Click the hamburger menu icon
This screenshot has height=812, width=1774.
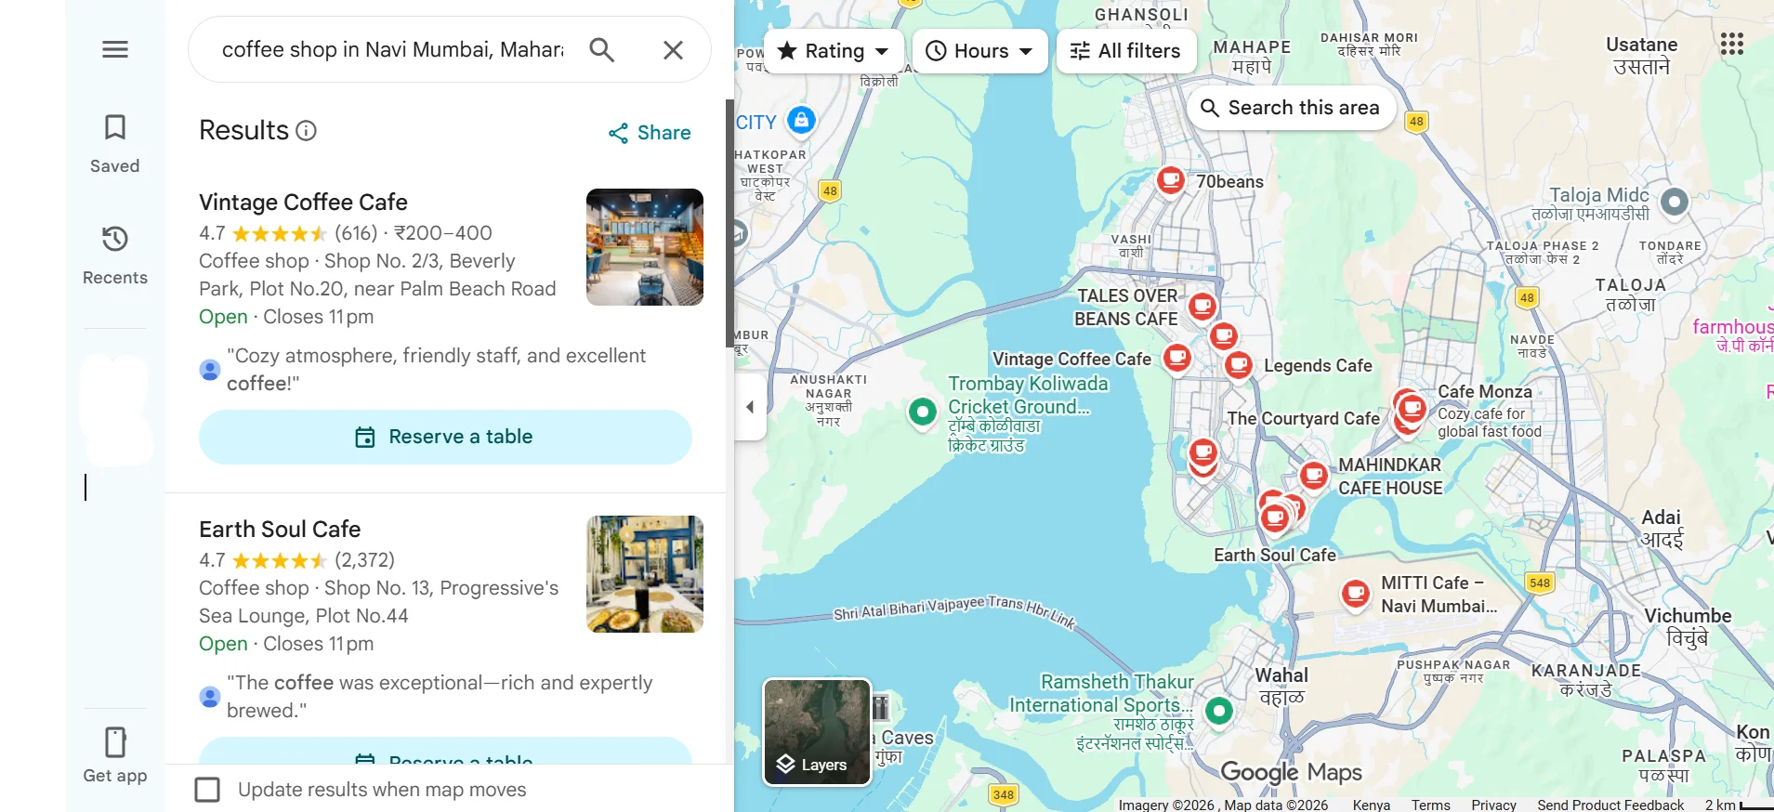(x=115, y=49)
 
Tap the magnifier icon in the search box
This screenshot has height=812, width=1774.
(x=602, y=49)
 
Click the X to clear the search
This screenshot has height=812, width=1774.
(x=673, y=49)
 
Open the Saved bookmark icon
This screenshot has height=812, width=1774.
(x=115, y=128)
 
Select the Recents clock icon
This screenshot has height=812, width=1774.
(x=115, y=240)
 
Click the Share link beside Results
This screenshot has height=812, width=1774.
(x=650, y=133)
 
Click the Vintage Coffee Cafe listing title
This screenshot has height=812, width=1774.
(x=303, y=203)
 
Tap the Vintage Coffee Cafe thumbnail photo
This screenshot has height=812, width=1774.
(x=644, y=247)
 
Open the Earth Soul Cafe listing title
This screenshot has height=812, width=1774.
(x=280, y=530)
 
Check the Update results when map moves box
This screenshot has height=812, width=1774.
(x=207, y=790)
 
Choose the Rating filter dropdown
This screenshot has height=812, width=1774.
(x=834, y=51)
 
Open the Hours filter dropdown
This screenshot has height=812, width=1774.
(x=979, y=51)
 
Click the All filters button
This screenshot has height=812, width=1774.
(x=1124, y=51)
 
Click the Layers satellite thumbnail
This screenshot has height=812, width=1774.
(x=817, y=731)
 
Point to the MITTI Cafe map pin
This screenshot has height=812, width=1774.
(x=1356, y=592)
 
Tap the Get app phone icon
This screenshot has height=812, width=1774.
(x=115, y=743)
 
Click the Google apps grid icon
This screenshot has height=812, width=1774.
(x=1731, y=44)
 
